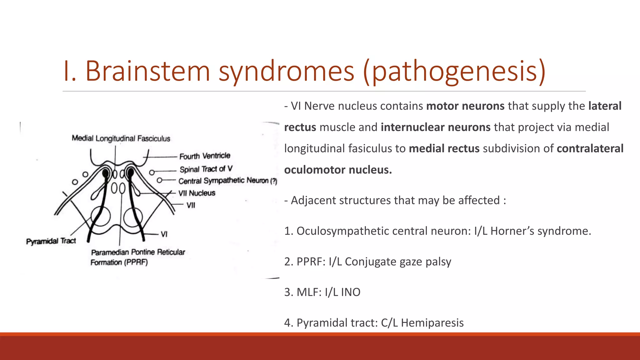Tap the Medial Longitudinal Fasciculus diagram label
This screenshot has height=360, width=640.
pos(121,138)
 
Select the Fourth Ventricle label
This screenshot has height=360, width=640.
pos(205,156)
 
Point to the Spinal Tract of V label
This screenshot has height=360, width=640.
pos(206,169)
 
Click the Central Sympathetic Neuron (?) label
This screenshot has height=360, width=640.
pos(227,181)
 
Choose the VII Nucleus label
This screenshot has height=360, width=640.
pos(197,193)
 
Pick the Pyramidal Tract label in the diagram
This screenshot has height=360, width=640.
pos(51,241)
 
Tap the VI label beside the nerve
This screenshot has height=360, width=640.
pos(164,234)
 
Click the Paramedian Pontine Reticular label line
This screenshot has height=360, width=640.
pos(138,252)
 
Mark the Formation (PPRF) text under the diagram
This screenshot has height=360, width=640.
pos(119,262)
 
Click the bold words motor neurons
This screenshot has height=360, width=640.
pos(465,106)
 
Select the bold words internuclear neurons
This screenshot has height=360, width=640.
pos(436,127)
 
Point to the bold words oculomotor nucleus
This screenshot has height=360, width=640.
pos(338,170)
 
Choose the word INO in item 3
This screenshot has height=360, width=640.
pos(351,292)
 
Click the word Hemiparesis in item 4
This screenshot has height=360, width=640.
pos(432,323)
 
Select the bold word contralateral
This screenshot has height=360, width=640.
pos(590,148)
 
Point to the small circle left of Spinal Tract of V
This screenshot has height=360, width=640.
pos(152,172)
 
